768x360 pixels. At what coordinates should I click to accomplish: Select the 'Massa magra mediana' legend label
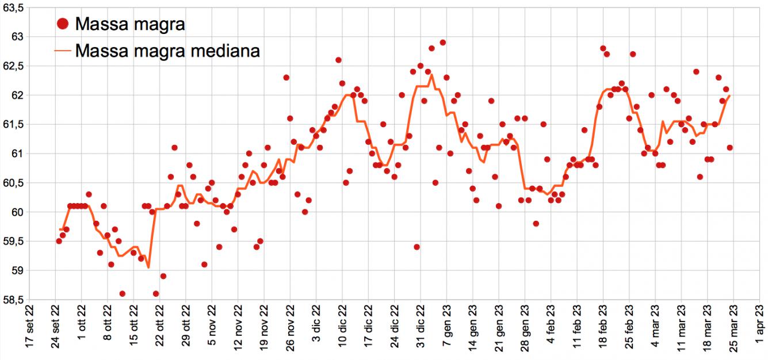[167, 51]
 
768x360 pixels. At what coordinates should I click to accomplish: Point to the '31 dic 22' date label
[421, 331]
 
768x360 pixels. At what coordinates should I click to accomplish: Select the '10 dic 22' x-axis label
[342, 331]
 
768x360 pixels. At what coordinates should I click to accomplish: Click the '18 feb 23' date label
[603, 331]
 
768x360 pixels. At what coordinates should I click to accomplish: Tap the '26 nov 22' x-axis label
[290, 331]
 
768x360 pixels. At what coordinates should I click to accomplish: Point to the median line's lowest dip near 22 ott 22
[148, 267]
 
